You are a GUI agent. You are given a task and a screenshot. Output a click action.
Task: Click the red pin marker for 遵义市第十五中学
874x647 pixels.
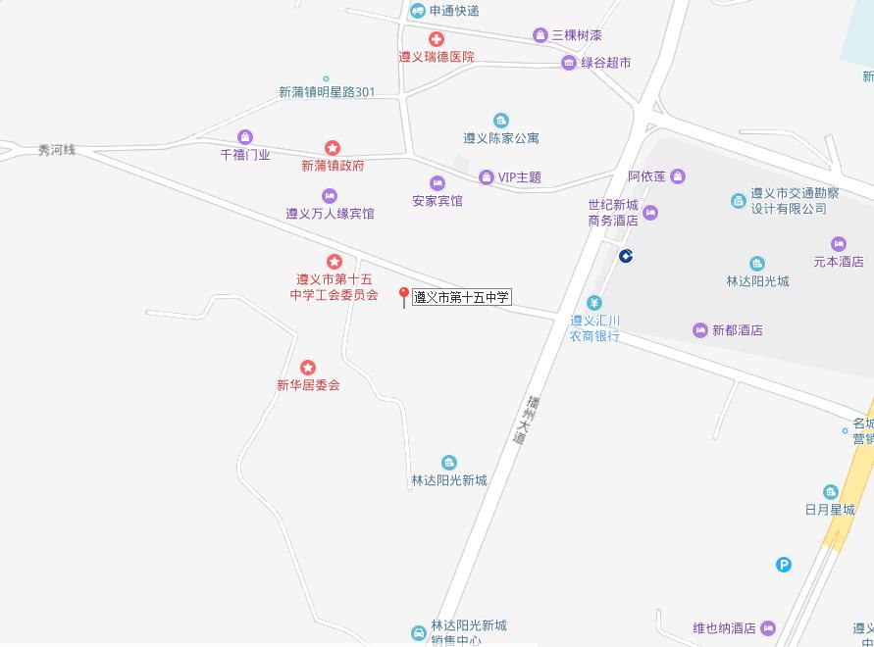pyautogui.click(x=403, y=296)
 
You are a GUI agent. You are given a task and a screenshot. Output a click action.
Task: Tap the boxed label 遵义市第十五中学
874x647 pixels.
pyautogui.click(x=462, y=297)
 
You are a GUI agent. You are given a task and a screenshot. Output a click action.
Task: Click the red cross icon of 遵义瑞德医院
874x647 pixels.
pyautogui.click(x=436, y=39)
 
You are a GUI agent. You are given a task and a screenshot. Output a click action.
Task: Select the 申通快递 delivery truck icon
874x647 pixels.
pyautogui.click(x=418, y=11)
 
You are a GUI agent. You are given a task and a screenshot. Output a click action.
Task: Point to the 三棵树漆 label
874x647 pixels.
pyautogui.click(x=577, y=35)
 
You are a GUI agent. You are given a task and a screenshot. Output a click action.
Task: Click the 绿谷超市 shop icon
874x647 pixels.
pyautogui.click(x=569, y=63)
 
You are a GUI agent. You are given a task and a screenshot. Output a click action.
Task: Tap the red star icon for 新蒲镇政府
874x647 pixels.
pyautogui.click(x=333, y=148)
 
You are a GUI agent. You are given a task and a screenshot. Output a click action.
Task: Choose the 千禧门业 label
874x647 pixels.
pyautogui.click(x=245, y=155)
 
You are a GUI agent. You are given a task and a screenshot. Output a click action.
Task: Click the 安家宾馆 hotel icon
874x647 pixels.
pyautogui.click(x=437, y=183)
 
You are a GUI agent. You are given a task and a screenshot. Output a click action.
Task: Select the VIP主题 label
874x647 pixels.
pyautogui.click(x=520, y=177)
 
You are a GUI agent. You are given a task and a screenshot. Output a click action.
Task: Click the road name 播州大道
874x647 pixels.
pyautogui.click(x=526, y=420)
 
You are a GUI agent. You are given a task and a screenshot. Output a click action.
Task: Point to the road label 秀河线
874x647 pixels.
pyautogui.click(x=56, y=151)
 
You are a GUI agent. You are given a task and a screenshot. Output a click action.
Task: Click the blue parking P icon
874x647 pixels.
pyautogui.click(x=783, y=564)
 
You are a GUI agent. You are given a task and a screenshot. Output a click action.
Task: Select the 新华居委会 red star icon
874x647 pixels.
pyautogui.click(x=308, y=368)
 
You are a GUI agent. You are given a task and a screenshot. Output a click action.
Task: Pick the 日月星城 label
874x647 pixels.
pyautogui.click(x=830, y=510)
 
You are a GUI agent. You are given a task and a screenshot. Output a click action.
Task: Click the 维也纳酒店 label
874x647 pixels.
pyautogui.click(x=724, y=628)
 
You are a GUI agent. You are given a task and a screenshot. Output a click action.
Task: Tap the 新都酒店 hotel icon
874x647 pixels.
pyautogui.click(x=699, y=330)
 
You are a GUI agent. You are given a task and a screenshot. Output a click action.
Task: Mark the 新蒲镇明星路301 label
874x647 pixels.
pyautogui.click(x=327, y=93)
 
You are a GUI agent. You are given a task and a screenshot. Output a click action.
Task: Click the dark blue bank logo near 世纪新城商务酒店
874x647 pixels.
pyautogui.click(x=625, y=256)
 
